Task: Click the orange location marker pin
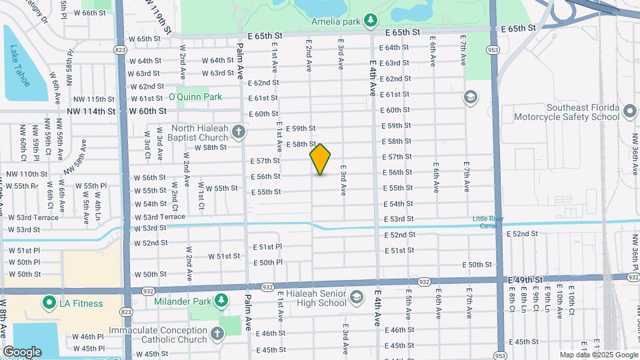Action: pyautogui.click(x=320, y=159)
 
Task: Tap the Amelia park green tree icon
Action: pyautogui.click(x=371, y=21)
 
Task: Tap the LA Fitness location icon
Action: pyautogui.click(x=49, y=303)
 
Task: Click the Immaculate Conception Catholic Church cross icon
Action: pyautogui.click(x=217, y=333)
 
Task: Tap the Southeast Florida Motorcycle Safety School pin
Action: pyautogui.click(x=628, y=112)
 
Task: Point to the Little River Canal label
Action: pyautogui.click(x=489, y=223)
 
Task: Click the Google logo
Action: pyautogui.click(x=21, y=351)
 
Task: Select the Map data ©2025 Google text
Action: pyautogui.click(x=598, y=355)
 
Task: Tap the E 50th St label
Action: pyautogui.click(x=476, y=265)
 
